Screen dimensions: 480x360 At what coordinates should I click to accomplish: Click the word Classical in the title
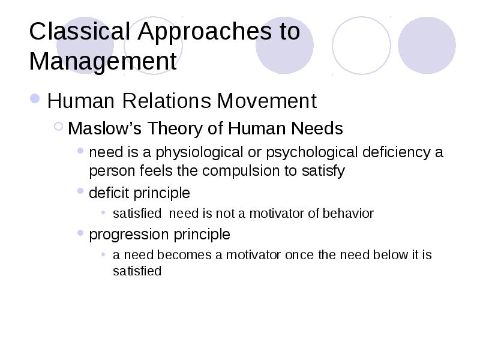(80, 31)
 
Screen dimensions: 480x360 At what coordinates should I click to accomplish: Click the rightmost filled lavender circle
(427, 45)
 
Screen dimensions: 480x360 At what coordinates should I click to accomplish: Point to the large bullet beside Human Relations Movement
(35, 98)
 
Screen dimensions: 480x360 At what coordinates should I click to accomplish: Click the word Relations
(167, 100)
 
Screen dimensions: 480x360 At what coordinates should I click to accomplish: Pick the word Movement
(267, 100)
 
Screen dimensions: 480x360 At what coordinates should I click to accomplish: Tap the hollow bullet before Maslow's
(58, 126)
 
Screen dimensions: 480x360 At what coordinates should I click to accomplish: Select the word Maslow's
(104, 128)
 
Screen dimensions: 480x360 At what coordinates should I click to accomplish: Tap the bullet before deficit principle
(80, 191)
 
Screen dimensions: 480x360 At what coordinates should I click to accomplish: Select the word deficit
(109, 193)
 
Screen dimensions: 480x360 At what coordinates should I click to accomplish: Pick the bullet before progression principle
(80, 233)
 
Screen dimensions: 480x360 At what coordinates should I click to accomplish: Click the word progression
(128, 235)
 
